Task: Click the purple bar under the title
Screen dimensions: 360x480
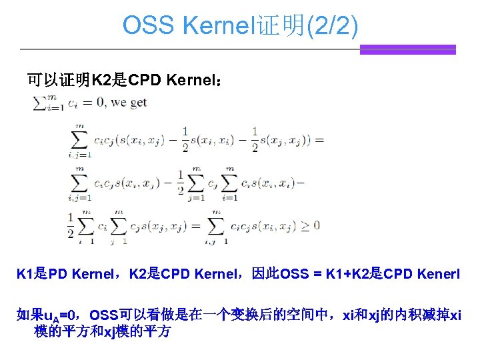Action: tap(407, 49)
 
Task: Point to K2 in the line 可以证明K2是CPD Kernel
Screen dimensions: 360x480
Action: tap(102, 81)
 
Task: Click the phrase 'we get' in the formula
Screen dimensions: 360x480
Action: tap(129, 103)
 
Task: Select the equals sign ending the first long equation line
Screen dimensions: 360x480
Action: tap(319, 139)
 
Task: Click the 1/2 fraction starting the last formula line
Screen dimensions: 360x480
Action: tap(71, 225)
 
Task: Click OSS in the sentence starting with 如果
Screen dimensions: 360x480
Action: tap(104, 315)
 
